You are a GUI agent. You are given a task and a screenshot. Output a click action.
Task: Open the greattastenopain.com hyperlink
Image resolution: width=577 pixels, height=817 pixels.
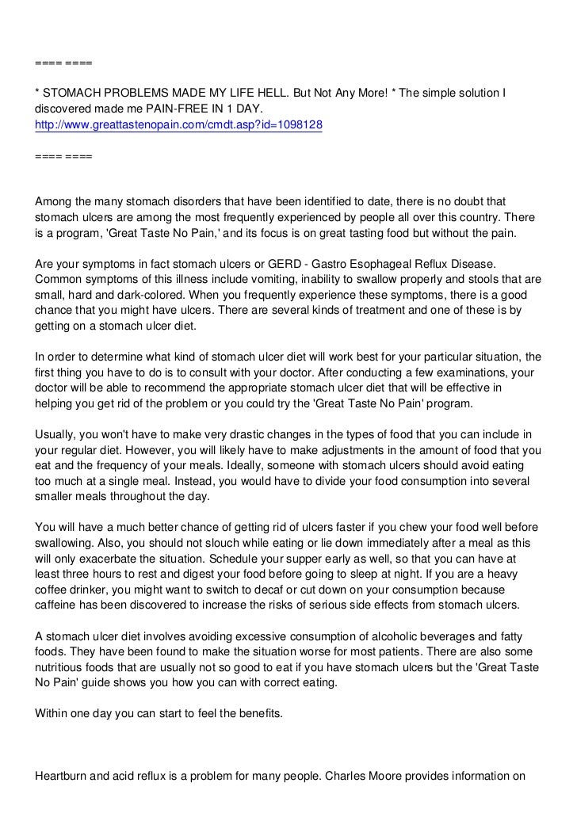(178, 125)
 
